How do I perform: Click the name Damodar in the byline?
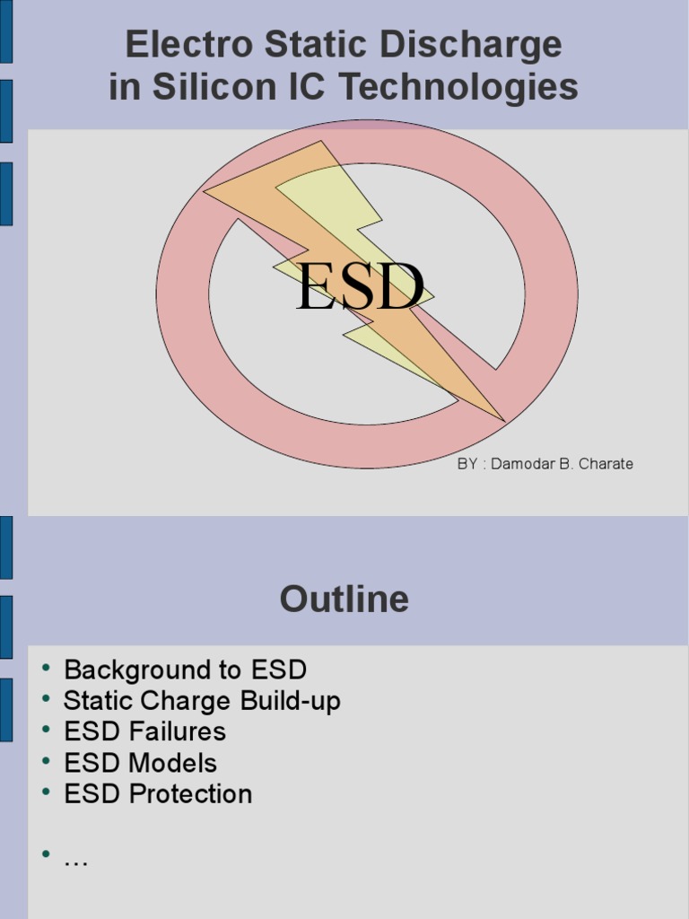(522, 464)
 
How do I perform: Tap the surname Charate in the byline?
(606, 464)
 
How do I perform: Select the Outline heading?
(344, 599)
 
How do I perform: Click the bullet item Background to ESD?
(185, 670)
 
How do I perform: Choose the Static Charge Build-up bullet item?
(202, 701)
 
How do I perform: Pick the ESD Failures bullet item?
(144, 731)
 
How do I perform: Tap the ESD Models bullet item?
(140, 763)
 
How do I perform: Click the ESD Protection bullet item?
(158, 793)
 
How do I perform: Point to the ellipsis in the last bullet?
(75, 859)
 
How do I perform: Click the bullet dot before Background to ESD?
(46, 668)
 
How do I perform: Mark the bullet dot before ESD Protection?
(46, 792)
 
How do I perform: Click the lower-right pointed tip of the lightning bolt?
(504, 421)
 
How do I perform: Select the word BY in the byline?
(467, 464)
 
